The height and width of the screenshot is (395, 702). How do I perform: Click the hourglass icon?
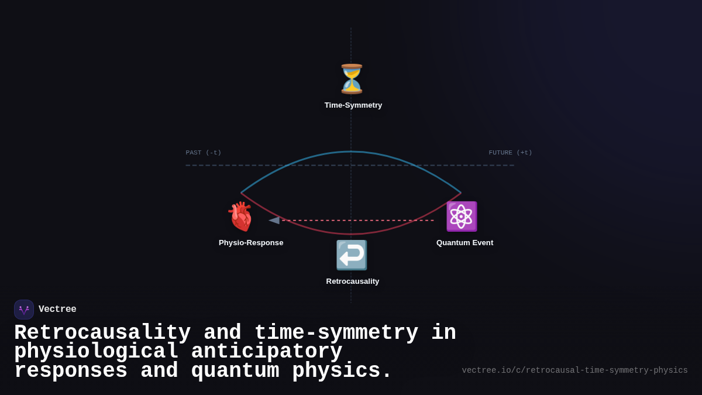352,79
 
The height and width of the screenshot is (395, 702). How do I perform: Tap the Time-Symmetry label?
353,105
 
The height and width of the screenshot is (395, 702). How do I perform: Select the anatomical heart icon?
240,217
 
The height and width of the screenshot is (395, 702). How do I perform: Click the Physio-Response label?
251,243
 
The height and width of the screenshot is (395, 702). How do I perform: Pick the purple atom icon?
462,217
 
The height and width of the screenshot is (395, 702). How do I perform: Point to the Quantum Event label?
464,243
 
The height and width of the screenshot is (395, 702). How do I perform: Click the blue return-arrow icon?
352,255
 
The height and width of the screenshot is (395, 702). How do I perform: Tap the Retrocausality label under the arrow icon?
353,281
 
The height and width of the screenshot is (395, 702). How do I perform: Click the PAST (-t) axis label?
204,153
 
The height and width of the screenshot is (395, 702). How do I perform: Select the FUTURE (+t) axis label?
510,153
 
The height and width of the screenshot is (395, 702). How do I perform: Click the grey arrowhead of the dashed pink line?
274,221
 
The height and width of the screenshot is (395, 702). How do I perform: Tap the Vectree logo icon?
24,310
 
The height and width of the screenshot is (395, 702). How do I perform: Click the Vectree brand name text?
57,310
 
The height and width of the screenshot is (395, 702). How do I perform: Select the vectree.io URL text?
574,370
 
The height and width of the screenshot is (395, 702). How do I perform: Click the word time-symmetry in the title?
336,333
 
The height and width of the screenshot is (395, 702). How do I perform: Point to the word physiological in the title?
96,352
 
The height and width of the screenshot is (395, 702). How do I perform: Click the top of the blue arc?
351,152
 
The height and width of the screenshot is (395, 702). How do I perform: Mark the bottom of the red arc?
351,234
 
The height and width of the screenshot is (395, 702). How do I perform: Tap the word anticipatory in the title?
266,352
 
